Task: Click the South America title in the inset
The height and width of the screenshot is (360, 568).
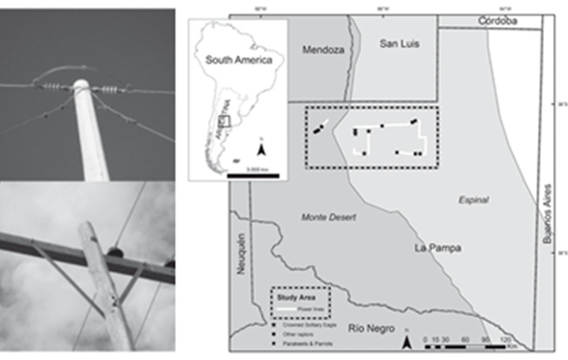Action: pyautogui.click(x=239, y=60)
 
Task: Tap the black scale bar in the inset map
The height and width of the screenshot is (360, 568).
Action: pyautogui.click(x=253, y=176)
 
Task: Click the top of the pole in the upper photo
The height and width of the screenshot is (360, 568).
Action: pyautogui.click(x=81, y=86)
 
